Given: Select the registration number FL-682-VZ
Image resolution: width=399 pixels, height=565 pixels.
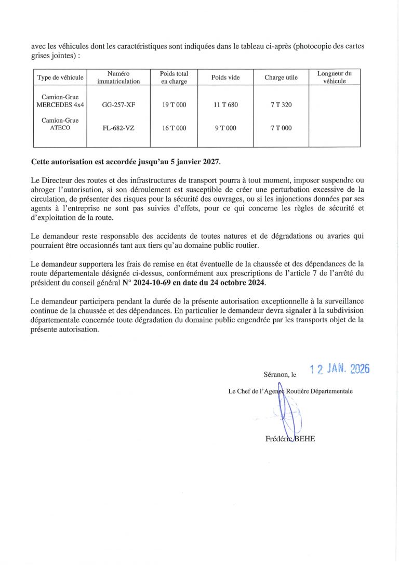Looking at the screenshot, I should click(118, 128).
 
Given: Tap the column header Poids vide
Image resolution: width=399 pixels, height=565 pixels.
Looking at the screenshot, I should click(225, 77).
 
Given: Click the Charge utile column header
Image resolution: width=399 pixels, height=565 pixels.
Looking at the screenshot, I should click(281, 77).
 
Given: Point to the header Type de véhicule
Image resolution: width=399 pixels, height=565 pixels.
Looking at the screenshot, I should click(60, 77).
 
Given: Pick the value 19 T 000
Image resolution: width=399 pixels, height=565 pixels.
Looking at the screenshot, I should click(174, 105).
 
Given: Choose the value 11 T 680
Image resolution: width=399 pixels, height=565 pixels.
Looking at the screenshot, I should click(225, 105).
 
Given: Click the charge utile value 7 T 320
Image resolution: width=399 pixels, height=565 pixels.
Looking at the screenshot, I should click(281, 105).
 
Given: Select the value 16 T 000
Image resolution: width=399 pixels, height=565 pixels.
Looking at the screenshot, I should click(174, 128).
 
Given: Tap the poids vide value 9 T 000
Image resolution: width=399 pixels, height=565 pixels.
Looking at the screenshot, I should click(225, 128).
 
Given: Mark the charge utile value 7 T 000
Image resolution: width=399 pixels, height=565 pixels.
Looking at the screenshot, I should click(281, 128).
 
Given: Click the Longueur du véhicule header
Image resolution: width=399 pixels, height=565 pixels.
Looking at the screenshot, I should click(334, 77).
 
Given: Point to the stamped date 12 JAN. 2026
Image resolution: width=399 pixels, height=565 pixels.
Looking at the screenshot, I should click(339, 369).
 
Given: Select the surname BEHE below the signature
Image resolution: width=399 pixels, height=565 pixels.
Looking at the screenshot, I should click(304, 439).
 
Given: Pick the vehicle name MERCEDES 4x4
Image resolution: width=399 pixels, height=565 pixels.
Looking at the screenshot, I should click(60, 105).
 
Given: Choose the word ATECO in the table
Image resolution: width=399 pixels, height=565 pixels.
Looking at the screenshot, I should click(60, 128).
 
